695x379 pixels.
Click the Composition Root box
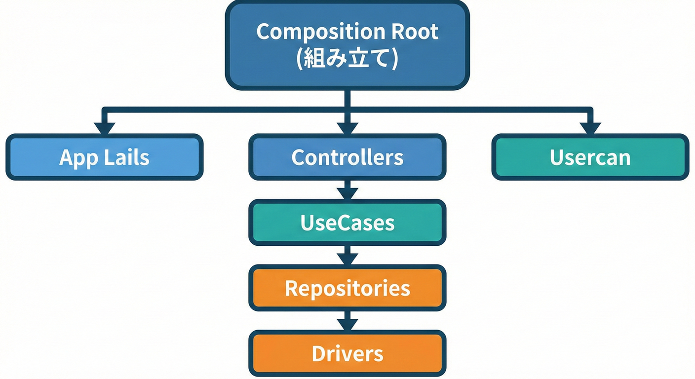pyautogui.click(x=347, y=45)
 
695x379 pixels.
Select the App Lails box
pyautogui.click(x=104, y=157)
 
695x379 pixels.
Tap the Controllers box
pyautogui.click(x=347, y=157)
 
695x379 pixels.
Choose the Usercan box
pyautogui.click(x=590, y=157)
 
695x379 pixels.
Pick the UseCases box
pyautogui.click(x=347, y=223)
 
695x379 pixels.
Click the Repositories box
pyautogui.click(x=347, y=288)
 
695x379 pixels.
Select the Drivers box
pyautogui.click(x=347, y=353)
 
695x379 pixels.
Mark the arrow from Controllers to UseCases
pyautogui.click(x=347, y=190)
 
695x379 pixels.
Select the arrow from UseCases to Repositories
pyautogui.click(x=347, y=256)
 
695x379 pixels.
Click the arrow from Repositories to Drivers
pyautogui.click(x=347, y=321)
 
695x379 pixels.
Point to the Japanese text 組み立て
pyautogui.click(x=347, y=59)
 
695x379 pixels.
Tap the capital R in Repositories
pyautogui.click(x=291, y=288)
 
